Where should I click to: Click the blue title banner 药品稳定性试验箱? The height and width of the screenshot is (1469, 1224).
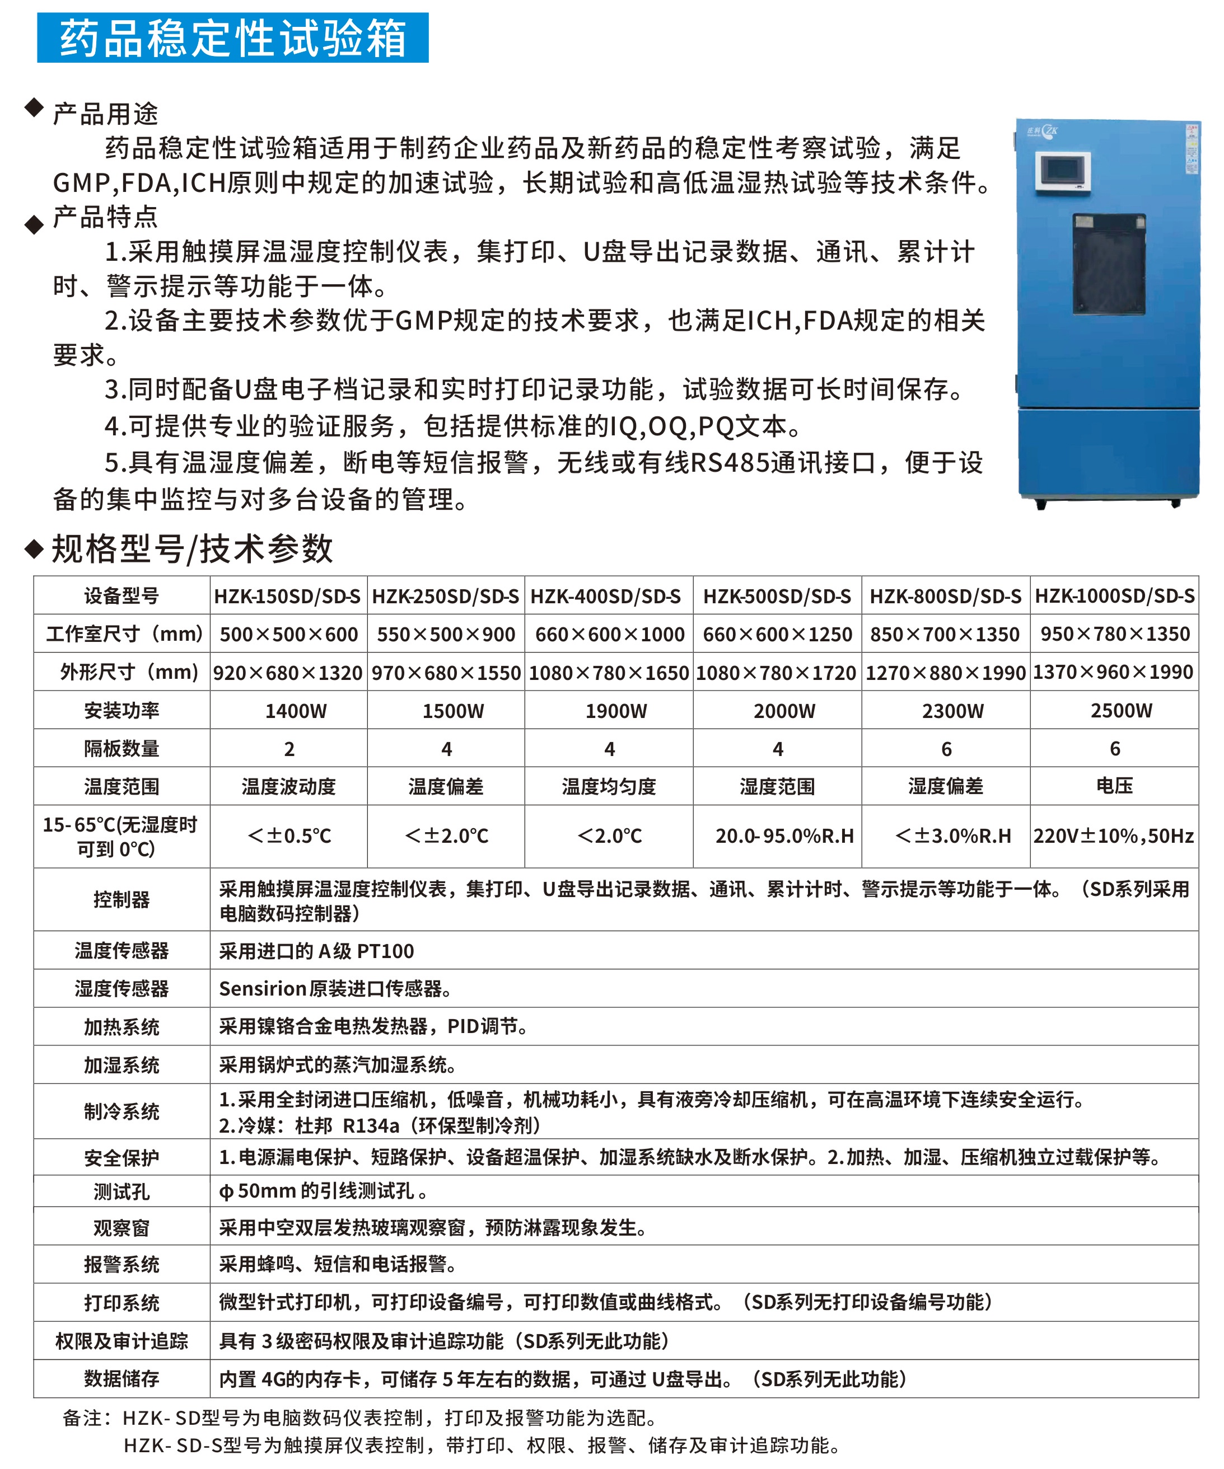click(x=232, y=38)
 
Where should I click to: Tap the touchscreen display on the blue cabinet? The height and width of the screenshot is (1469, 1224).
click(x=1062, y=171)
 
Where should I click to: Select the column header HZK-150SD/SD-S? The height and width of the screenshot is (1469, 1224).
click(x=287, y=596)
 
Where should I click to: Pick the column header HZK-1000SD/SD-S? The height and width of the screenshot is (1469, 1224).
click(x=1114, y=596)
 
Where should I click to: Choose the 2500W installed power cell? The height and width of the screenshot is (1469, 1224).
click(x=1120, y=711)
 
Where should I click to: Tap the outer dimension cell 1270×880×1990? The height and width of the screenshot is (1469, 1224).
click(x=946, y=673)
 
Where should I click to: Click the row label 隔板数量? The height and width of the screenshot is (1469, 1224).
click(x=122, y=749)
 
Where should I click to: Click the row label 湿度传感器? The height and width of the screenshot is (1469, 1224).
click(x=122, y=988)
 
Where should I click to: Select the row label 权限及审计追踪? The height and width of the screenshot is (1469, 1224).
click(x=122, y=1341)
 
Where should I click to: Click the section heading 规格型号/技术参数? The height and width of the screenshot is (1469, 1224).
click(x=193, y=549)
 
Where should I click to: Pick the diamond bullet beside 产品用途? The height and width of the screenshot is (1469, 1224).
click(x=34, y=107)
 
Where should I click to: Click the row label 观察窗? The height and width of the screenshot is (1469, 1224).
click(x=122, y=1228)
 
